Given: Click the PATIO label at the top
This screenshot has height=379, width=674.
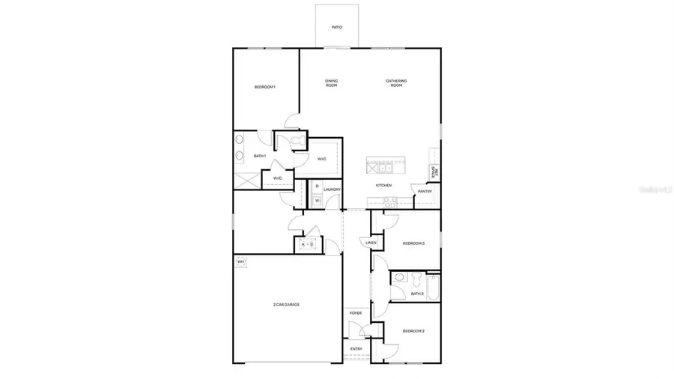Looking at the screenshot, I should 337,28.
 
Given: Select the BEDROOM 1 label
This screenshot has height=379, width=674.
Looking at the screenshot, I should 265,88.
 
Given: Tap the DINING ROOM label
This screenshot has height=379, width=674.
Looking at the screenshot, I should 331,83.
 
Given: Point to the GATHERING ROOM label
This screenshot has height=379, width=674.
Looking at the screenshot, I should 396,83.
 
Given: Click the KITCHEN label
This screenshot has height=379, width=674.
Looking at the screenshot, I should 383,185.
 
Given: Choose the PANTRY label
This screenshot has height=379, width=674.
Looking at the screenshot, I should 425,192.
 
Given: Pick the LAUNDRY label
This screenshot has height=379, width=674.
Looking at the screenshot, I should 332,189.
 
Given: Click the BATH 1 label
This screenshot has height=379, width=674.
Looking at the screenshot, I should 260,156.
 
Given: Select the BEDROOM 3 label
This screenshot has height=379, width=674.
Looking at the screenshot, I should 413,243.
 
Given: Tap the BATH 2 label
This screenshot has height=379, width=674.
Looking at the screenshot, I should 417,294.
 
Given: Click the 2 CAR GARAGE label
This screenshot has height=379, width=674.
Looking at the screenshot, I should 286,304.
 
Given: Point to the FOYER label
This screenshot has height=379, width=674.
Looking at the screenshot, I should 356,313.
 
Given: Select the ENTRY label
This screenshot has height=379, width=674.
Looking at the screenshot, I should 356,349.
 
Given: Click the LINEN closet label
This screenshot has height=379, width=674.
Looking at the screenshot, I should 371,243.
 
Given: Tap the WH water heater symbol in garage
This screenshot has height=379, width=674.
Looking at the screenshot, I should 240,261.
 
